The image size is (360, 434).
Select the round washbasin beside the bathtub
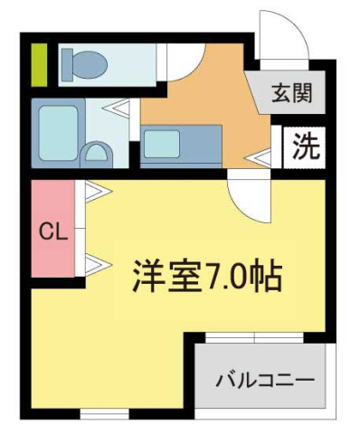coord(95,152)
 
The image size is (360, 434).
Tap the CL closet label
coord(53,231)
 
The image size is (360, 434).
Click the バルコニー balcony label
coord(264,380)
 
